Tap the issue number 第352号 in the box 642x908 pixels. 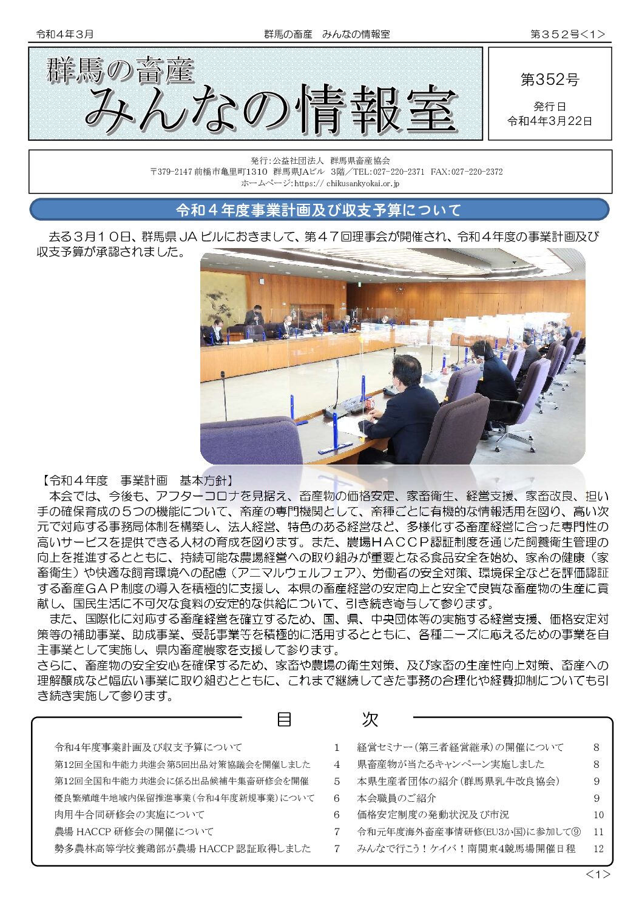550,79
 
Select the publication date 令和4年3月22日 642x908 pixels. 550,121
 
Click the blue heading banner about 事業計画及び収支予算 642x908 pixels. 319,210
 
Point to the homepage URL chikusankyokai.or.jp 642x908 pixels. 362,183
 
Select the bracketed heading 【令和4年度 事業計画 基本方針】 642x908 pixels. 137,480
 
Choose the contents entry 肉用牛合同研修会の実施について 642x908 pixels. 129,815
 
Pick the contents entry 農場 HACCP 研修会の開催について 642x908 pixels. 133,832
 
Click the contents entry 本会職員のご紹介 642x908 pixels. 396,798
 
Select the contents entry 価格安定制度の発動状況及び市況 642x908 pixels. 433,815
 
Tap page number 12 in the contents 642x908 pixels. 598,849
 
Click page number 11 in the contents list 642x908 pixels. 598,832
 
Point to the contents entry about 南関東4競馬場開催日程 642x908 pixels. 465,849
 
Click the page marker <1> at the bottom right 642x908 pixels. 597,874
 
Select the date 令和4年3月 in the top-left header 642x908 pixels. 65,35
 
